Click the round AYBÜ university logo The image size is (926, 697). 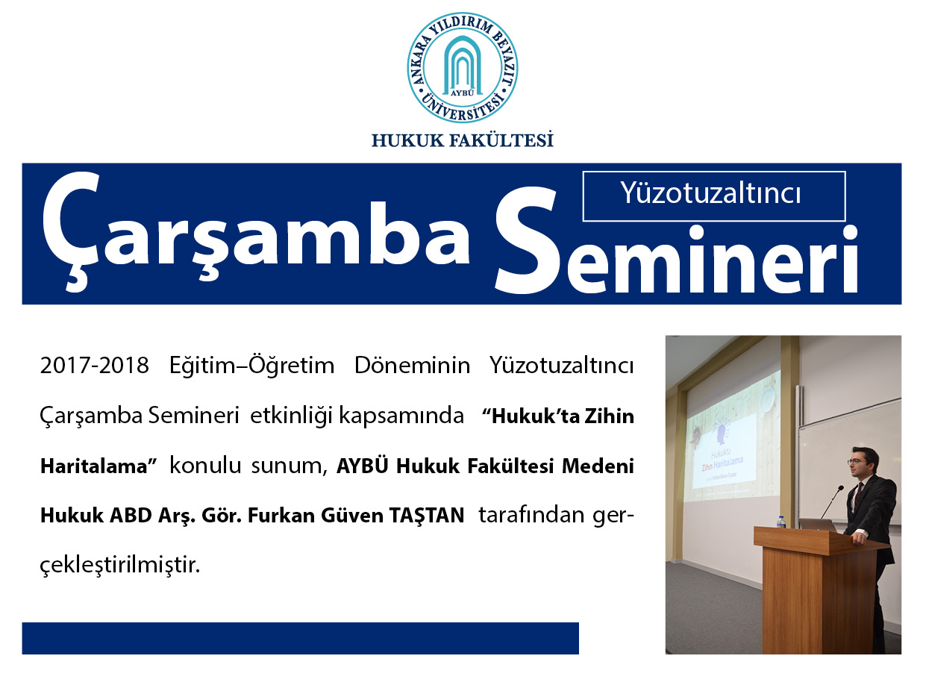coord(463,67)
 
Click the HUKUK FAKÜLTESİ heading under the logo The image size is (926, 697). coord(463,140)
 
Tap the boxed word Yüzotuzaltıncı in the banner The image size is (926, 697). coord(710,194)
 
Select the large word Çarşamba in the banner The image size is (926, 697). coord(256,231)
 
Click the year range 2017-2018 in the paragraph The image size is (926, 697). coord(95,366)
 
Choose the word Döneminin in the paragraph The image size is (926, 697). coord(412,366)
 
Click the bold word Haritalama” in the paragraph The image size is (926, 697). coord(98,466)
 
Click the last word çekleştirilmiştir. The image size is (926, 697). coord(120,565)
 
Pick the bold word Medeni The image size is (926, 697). coord(598,466)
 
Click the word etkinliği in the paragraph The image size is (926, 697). coord(290,416)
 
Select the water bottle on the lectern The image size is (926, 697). coord(781,522)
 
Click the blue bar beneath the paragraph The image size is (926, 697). coord(301,638)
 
